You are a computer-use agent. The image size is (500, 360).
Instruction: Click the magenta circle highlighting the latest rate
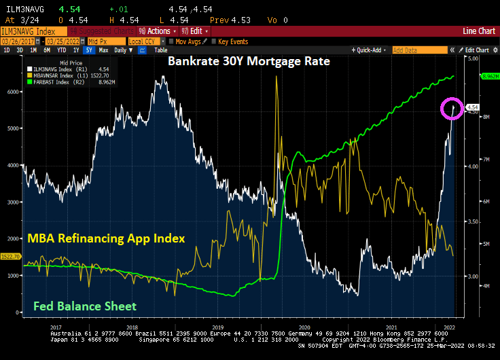tap(452, 107)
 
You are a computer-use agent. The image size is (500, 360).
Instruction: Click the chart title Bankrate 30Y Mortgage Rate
tap(249, 62)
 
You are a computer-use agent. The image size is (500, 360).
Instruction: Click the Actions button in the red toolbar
tap(154, 31)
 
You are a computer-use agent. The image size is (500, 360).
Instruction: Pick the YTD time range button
tap(60, 50)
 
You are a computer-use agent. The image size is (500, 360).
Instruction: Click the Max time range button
tap(103, 50)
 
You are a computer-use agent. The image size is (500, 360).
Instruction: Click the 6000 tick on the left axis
tap(13, 92)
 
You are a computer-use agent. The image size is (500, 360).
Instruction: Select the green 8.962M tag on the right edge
tap(490, 77)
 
